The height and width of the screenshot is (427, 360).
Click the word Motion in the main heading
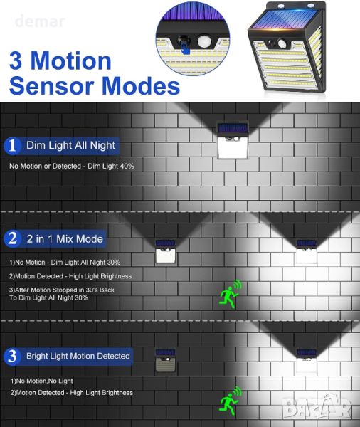(x=71, y=61)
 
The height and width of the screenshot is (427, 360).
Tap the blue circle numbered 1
(x=12, y=146)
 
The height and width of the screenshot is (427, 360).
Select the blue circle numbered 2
(x=12, y=239)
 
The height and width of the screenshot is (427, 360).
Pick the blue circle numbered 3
(x=12, y=357)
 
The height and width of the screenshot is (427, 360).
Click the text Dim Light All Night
(x=71, y=145)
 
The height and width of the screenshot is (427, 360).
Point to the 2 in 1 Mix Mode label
(x=65, y=239)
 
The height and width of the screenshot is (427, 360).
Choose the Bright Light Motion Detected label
(x=78, y=356)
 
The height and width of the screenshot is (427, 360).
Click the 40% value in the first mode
(x=127, y=166)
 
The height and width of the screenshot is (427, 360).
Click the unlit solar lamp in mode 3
(x=165, y=360)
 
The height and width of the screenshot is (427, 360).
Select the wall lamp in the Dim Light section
(x=233, y=140)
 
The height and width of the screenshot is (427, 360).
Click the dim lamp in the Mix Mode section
(x=165, y=252)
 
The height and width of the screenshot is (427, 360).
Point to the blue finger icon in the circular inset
(x=186, y=49)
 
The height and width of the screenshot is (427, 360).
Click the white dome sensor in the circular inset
(x=204, y=41)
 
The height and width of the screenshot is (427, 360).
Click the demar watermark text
(x=41, y=22)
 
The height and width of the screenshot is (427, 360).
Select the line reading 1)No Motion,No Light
(x=42, y=381)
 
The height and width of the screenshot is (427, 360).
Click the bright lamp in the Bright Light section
(x=307, y=360)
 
